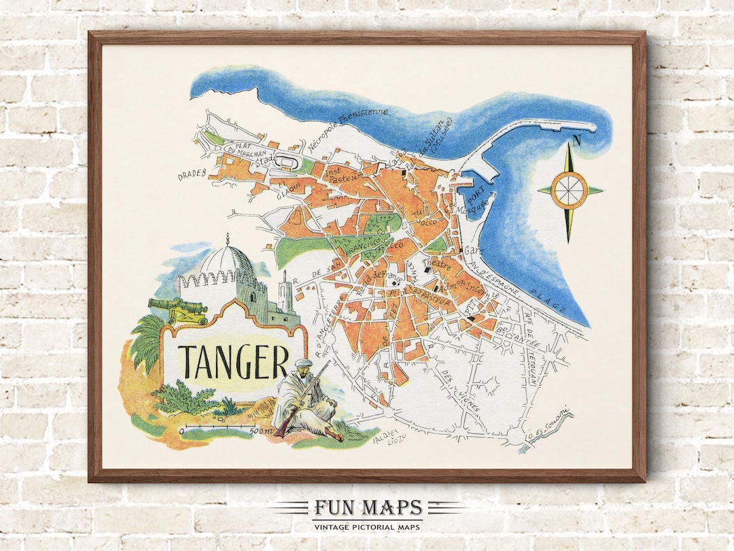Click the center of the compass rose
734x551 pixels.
tap(570, 190)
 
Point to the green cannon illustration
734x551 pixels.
tap(177, 310)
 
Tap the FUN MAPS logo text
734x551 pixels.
tap(368, 508)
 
